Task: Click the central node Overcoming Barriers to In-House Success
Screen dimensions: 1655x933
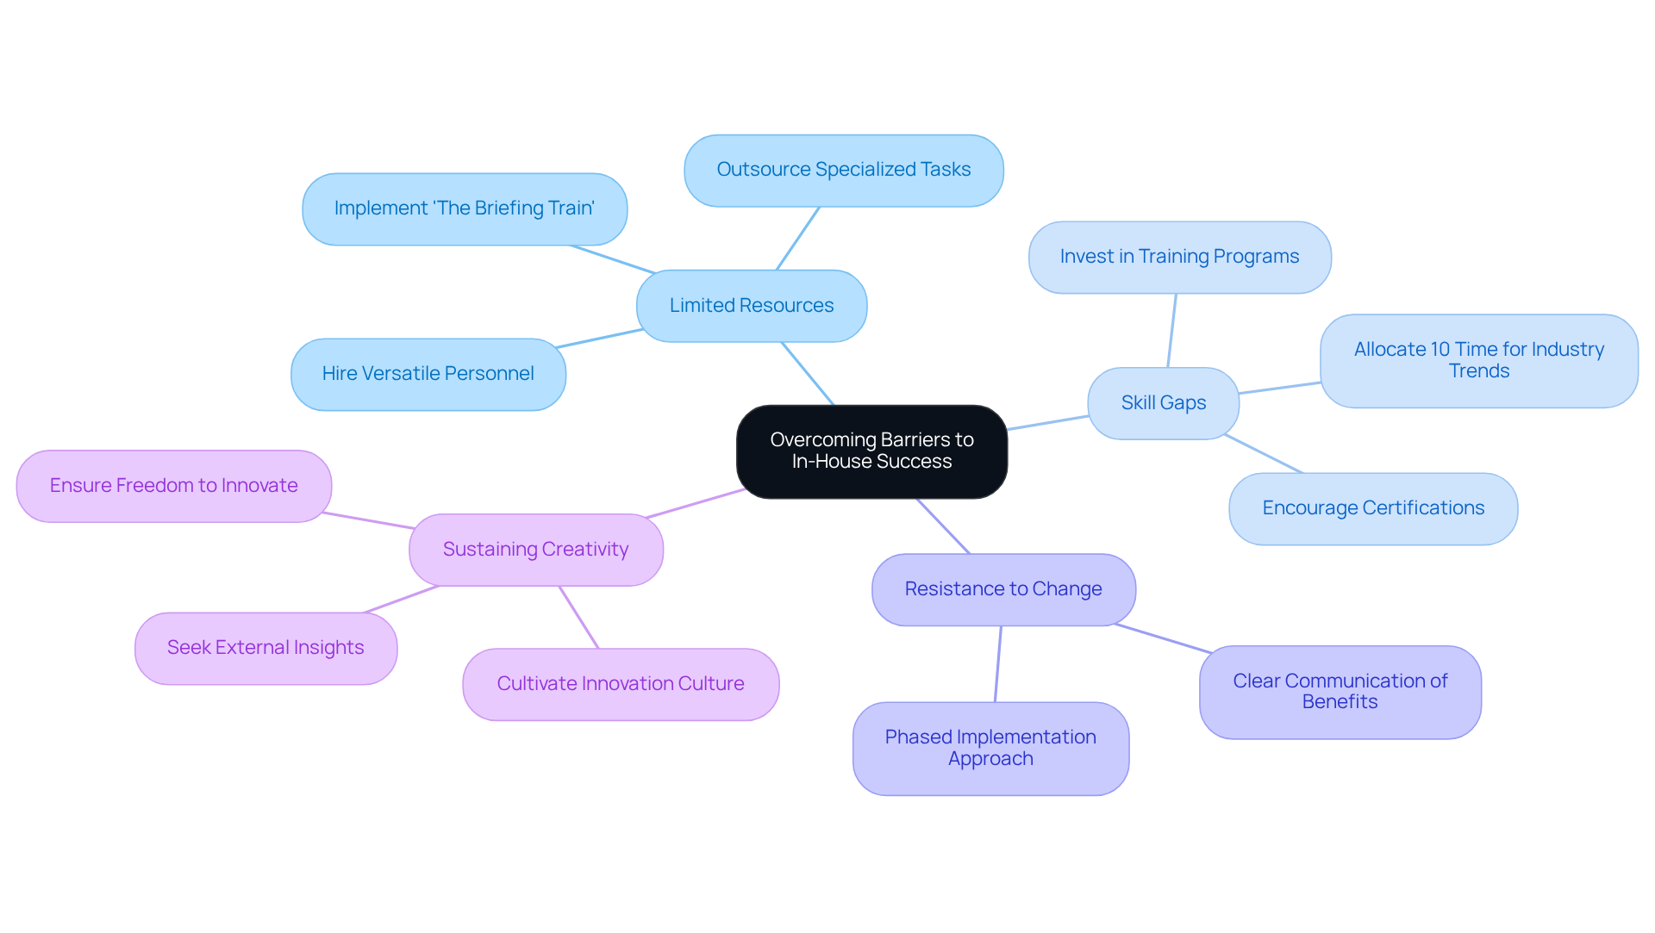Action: pos(871,451)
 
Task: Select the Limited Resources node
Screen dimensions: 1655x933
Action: pos(751,306)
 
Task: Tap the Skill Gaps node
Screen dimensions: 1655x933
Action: pos(1163,403)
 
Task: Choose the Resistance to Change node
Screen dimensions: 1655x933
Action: pos(1003,589)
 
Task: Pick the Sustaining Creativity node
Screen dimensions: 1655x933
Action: pos(535,550)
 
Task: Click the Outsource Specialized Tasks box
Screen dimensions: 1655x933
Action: pos(843,170)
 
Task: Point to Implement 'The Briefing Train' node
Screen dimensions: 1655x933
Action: pos(464,208)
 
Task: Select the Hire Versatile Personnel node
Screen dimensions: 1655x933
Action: pos(428,374)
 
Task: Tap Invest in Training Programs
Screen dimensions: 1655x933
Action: pos(1179,257)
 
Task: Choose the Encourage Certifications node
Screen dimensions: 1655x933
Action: pos(1373,508)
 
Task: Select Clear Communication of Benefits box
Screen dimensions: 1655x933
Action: pos(1340,692)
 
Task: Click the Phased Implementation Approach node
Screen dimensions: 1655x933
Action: pos(990,748)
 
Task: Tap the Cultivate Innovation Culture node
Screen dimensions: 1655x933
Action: pos(621,684)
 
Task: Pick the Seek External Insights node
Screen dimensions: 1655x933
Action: pos(265,648)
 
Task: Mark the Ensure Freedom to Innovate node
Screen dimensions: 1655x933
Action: pos(173,486)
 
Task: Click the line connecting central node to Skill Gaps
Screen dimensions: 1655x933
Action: pos(1047,423)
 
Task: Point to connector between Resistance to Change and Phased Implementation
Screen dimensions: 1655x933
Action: pos(998,663)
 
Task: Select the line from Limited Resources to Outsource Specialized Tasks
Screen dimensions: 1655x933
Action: pos(798,238)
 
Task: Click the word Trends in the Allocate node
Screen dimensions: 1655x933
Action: pos(1479,371)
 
